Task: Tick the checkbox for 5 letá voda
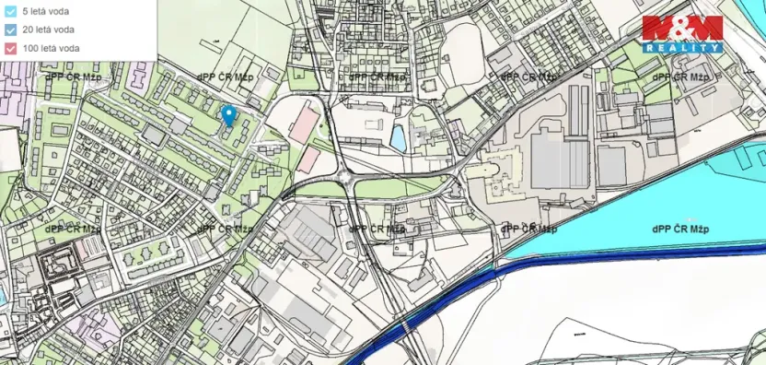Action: coord(10,11)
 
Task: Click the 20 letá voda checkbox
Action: coord(10,29)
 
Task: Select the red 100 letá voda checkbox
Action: coord(10,47)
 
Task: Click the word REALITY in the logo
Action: coord(682,46)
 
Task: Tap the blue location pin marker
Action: coord(229,116)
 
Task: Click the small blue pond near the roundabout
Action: coord(398,139)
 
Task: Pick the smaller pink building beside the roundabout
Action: coord(308,160)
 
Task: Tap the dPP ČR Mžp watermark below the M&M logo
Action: coord(687,77)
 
